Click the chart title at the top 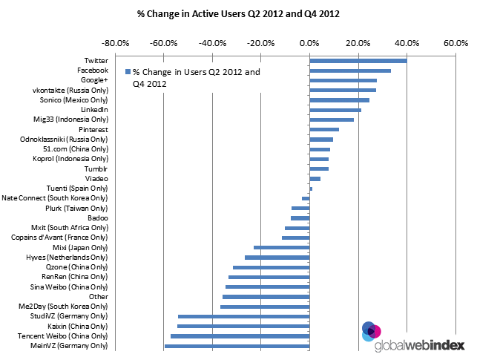[x=238, y=13]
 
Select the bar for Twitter [x=358, y=61]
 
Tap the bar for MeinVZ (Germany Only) [x=237, y=346]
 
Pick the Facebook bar [x=349, y=71]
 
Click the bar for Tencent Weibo [x=240, y=336]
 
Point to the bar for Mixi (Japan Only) [x=281, y=247]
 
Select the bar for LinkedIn [x=335, y=110]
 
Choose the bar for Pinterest [x=323, y=129]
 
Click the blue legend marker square [x=128, y=72]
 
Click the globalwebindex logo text [x=420, y=346]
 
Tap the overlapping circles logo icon [x=371, y=330]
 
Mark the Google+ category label [x=93, y=80]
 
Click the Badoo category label [x=97, y=218]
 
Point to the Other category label [x=98, y=296]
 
